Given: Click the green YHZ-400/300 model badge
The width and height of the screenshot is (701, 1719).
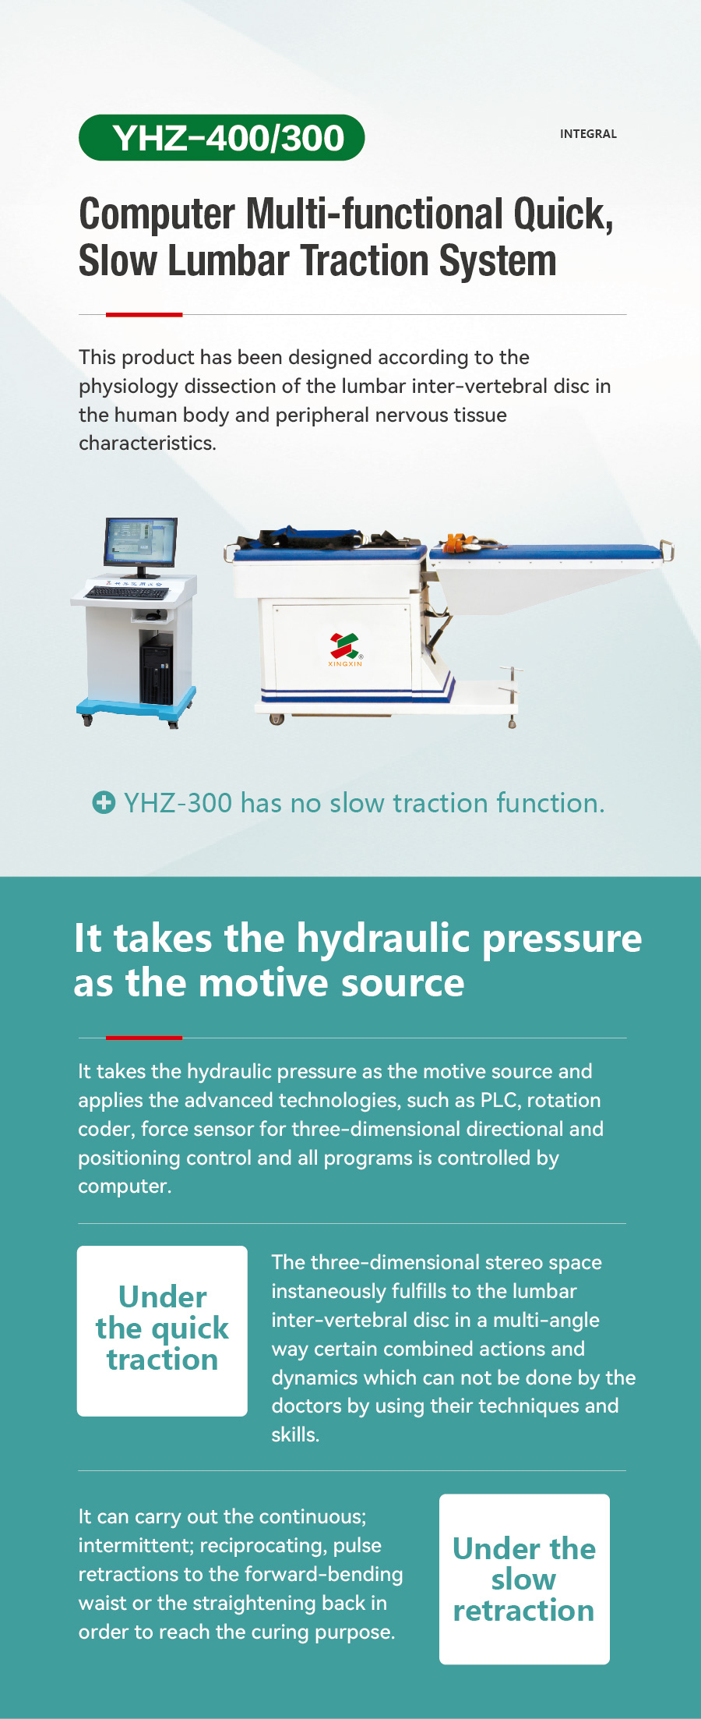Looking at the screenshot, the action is (222, 138).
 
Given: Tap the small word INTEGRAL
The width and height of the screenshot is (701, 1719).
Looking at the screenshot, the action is (588, 134).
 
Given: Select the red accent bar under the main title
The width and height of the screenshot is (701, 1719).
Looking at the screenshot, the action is (144, 314).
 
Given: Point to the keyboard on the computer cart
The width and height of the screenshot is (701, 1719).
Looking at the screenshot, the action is (127, 592).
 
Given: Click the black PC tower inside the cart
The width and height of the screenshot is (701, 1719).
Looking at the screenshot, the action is (157, 668).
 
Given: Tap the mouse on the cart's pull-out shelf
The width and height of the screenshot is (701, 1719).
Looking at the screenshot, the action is (154, 615).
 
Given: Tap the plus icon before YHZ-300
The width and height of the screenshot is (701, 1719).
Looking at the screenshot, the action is (104, 802).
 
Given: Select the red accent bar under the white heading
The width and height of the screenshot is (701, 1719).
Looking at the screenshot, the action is (144, 1038).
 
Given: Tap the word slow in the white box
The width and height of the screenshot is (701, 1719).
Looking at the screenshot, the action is (523, 1579).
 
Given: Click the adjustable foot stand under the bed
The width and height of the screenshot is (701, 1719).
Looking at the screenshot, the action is (511, 696).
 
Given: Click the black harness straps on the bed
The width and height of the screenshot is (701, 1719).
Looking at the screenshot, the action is (312, 538).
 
